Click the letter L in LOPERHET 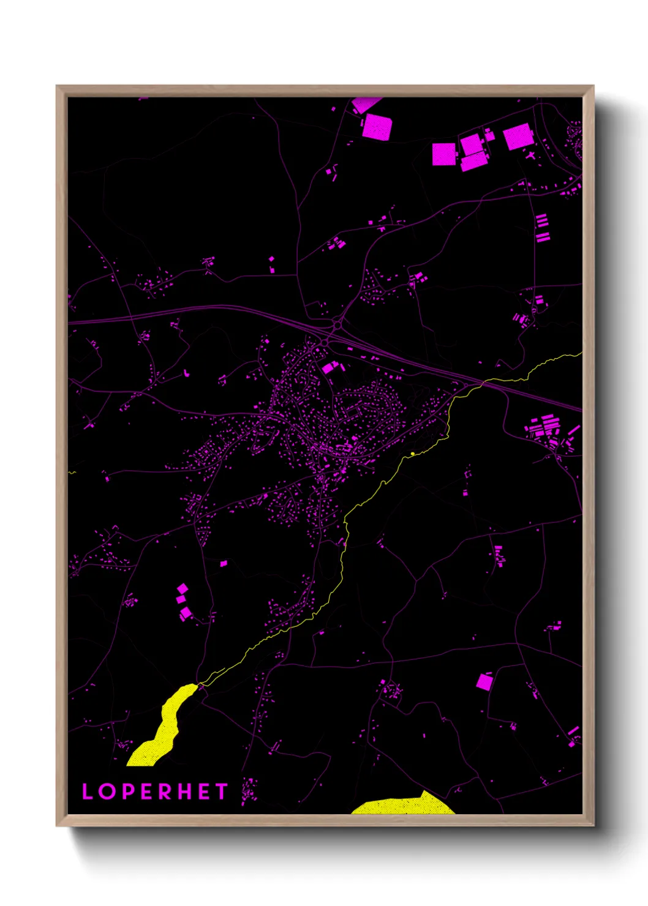coord(88,792)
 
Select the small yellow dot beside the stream coord(413,454)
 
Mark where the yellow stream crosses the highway coord(481,384)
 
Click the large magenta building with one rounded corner coord(377,127)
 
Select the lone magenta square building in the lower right coord(484,681)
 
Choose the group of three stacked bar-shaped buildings coord(542,228)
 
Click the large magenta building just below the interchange coord(330,367)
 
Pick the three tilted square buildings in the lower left coord(183,602)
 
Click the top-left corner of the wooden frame coord(58,86)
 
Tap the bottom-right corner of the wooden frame coord(593,825)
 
